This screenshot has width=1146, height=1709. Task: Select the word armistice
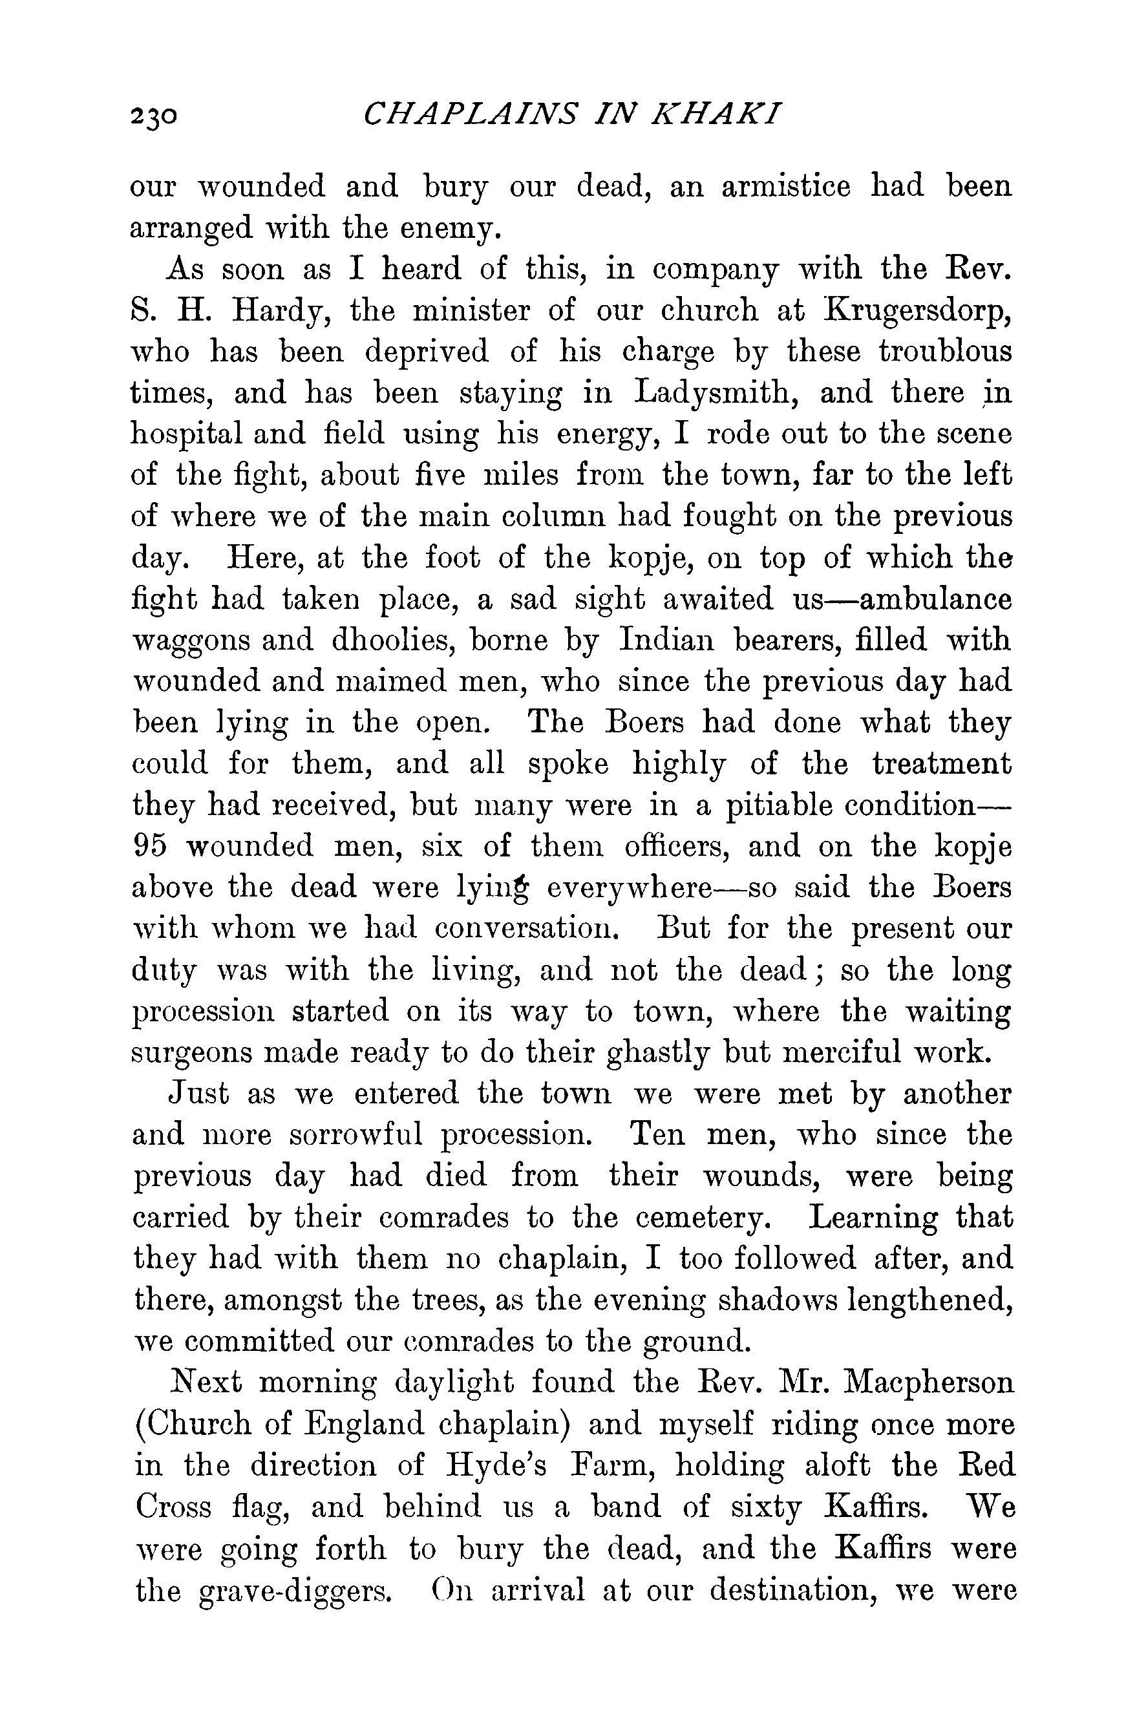[786, 187]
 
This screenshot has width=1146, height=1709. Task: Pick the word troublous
[945, 352]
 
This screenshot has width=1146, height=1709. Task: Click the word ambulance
[935, 599]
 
